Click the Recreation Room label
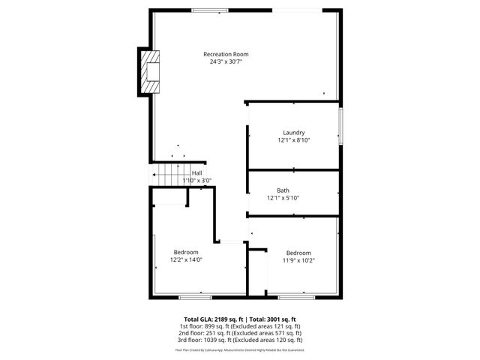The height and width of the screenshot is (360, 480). click(x=226, y=54)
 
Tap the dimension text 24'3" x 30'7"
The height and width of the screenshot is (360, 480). click(x=226, y=62)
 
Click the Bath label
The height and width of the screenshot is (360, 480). click(x=283, y=190)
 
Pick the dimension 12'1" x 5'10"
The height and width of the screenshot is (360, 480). click(x=283, y=198)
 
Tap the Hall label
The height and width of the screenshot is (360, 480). click(x=196, y=173)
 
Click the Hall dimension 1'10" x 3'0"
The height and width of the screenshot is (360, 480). click(x=197, y=181)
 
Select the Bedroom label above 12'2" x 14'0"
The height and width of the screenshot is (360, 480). click(x=186, y=252)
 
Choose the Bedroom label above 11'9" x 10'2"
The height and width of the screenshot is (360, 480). click(x=298, y=253)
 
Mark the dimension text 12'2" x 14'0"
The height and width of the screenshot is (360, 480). click(x=186, y=260)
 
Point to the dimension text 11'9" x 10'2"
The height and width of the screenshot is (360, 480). click(x=298, y=261)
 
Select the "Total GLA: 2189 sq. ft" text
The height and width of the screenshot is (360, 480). click(x=214, y=319)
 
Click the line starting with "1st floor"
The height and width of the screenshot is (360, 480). click(x=240, y=327)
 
